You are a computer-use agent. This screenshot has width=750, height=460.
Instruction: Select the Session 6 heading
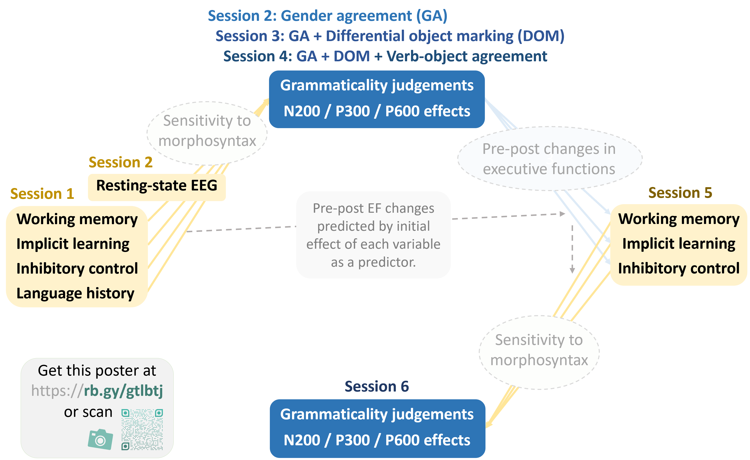tap(377, 386)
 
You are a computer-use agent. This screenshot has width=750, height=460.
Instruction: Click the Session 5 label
tap(680, 193)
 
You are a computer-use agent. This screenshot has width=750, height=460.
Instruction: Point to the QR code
tap(142, 430)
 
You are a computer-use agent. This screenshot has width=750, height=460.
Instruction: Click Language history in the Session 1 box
tap(75, 293)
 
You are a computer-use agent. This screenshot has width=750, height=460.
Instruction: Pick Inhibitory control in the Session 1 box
tap(77, 269)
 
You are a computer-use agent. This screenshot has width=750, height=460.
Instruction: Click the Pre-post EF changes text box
tap(373, 235)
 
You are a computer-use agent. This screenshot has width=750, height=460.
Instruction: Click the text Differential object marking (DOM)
tap(445, 36)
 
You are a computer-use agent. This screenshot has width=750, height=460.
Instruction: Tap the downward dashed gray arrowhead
tap(572, 270)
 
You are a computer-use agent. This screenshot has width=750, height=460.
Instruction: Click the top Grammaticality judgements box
tap(377, 99)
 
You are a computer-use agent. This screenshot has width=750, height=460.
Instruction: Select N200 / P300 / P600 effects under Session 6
tap(377, 440)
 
